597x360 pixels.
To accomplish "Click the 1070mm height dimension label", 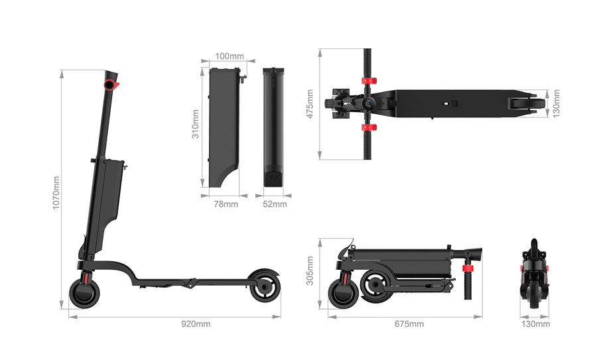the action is tap(56, 192).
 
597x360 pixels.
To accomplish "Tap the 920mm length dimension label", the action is tap(196, 324).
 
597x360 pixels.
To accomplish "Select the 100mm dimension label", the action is tap(230, 56).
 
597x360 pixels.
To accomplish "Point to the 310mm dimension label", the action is tap(195, 124).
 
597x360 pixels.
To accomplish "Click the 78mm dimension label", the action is tap(226, 204).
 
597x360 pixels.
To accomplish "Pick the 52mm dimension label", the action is tap(275, 204).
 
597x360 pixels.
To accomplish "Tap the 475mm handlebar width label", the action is tap(310, 104).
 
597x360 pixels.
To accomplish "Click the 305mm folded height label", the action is tap(310, 270).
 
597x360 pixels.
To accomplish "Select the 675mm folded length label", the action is tap(409, 324).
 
